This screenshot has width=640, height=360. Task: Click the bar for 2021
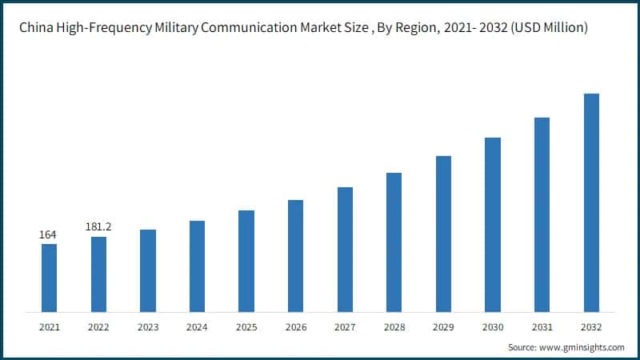click(49, 278)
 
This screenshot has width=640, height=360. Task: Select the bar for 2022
click(98, 274)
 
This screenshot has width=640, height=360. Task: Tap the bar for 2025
click(246, 261)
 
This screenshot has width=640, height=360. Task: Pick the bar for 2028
click(394, 242)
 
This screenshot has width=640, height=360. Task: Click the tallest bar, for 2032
click(591, 202)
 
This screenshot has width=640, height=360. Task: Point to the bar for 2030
click(493, 224)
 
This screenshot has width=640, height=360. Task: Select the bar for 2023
click(148, 270)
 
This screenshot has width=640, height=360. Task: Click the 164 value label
click(49, 235)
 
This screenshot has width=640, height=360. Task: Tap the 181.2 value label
click(98, 227)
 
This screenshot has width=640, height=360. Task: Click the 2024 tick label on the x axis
click(197, 327)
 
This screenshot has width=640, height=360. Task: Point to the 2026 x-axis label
click(296, 327)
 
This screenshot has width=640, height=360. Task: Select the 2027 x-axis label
click(345, 327)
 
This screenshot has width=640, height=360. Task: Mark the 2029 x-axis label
click(443, 327)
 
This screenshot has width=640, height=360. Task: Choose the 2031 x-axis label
click(542, 327)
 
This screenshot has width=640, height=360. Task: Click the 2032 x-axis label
click(591, 327)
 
